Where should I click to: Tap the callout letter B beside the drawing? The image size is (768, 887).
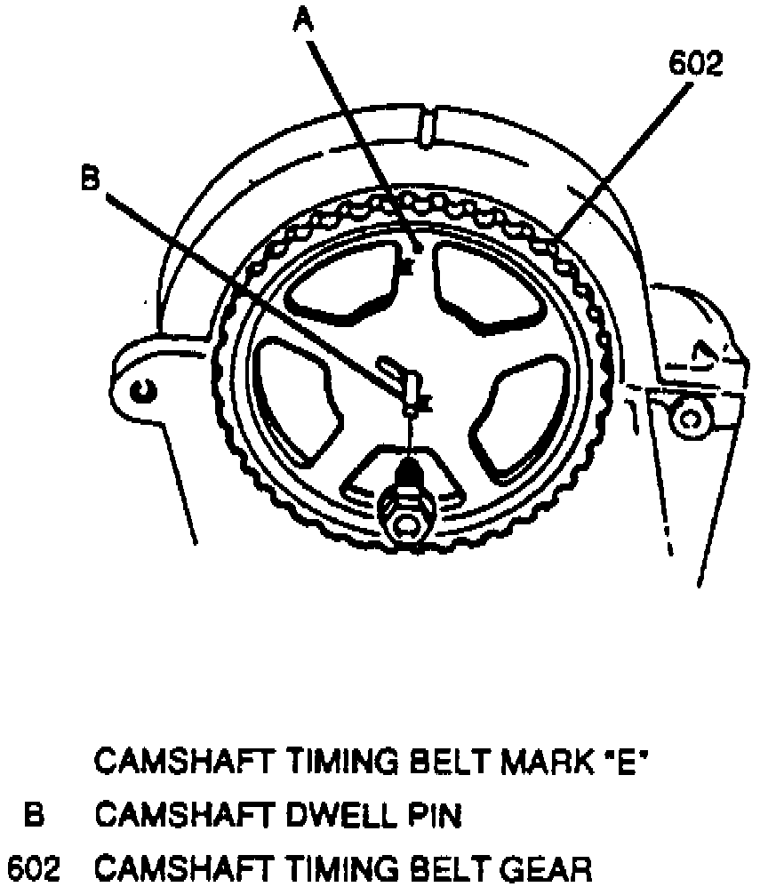(90, 179)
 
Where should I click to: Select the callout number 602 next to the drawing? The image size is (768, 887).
(696, 65)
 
